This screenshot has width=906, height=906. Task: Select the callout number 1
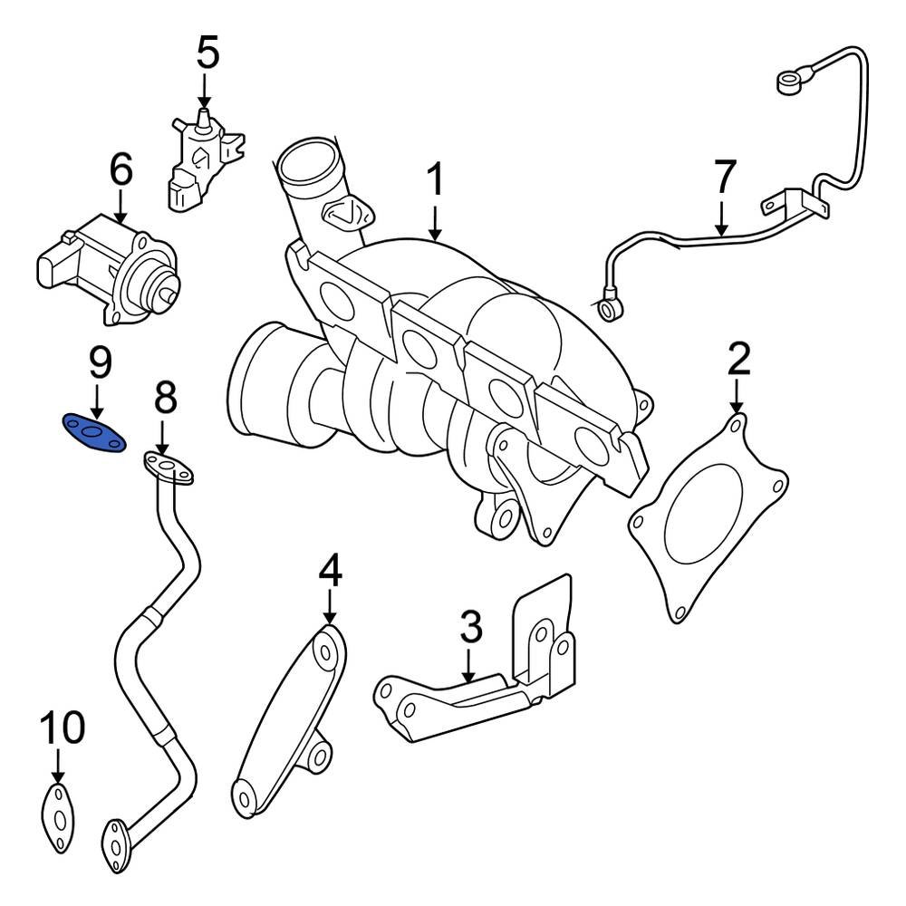coord(436,181)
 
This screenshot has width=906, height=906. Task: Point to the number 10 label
coord(61,728)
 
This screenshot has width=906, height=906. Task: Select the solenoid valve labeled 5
coord(201,159)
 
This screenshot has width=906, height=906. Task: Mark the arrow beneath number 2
coord(737,396)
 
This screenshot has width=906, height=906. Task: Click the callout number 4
coord(330,571)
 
